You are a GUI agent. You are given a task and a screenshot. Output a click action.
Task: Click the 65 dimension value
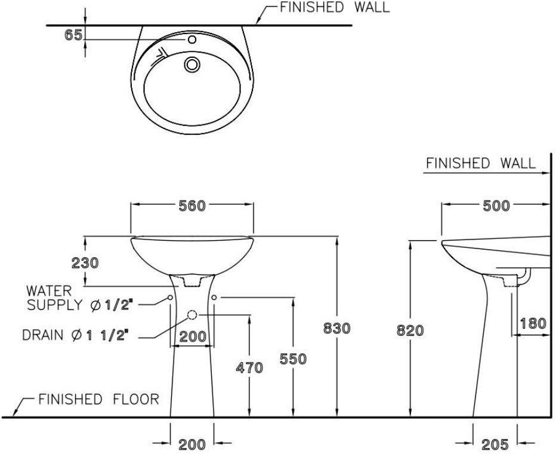click(73, 35)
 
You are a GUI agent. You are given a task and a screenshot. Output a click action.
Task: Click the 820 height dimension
click(410, 330)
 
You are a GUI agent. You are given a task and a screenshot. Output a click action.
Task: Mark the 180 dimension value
click(533, 323)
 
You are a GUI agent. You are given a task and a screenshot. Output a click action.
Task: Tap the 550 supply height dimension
click(293, 359)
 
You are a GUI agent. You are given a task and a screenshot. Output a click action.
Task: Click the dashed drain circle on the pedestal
click(193, 315)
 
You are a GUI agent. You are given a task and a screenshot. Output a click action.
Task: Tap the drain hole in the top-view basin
click(192, 63)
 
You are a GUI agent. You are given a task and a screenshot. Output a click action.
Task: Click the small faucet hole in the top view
click(192, 40)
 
